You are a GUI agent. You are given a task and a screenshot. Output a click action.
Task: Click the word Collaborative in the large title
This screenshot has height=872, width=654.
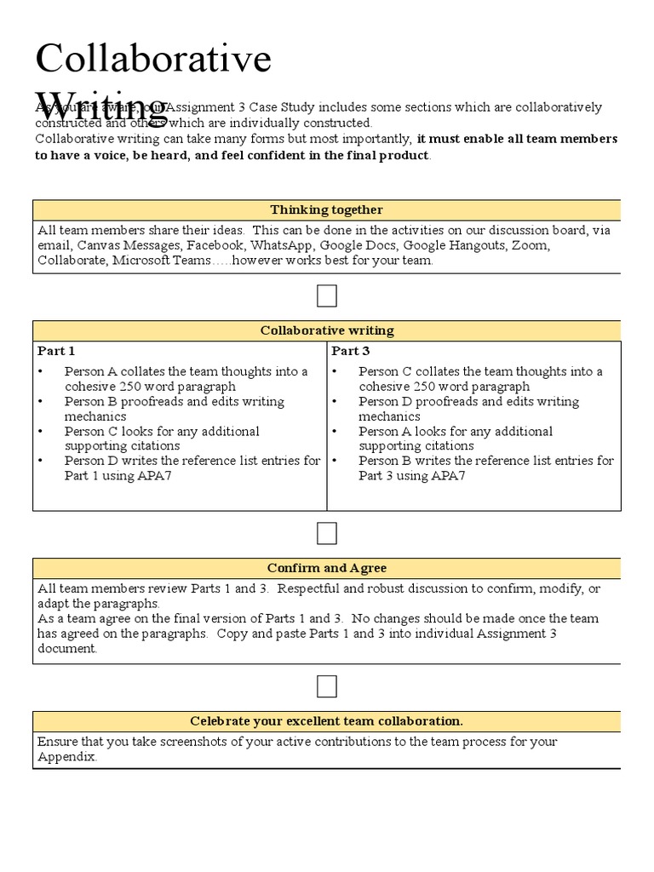pyautogui.click(x=152, y=59)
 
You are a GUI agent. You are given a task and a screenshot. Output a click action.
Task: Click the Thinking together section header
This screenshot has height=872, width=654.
pyautogui.click(x=326, y=210)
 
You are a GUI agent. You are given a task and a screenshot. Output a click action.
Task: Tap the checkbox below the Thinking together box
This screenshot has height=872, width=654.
pyautogui.click(x=327, y=296)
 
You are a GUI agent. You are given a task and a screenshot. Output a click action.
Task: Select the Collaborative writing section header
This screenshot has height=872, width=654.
pyautogui.click(x=326, y=330)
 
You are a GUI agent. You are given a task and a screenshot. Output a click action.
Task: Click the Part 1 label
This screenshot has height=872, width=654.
pyautogui.click(x=56, y=351)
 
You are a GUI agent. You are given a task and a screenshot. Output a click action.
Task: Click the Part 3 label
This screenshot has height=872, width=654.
pyautogui.click(x=351, y=351)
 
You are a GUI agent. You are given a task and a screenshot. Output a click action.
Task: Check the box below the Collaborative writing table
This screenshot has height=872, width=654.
pyautogui.click(x=327, y=534)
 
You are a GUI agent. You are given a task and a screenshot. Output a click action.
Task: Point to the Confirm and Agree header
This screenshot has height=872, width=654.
pyautogui.click(x=326, y=568)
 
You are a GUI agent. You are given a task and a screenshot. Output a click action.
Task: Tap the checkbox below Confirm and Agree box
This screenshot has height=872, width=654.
pyautogui.click(x=327, y=686)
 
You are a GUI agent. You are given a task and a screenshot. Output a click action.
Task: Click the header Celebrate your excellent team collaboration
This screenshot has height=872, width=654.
pyautogui.click(x=326, y=721)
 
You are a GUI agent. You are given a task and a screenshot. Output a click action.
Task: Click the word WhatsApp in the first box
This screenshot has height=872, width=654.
pyautogui.click(x=284, y=245)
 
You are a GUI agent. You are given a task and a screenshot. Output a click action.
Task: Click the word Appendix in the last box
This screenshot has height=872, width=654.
pyautogui.click(x=66, y=756)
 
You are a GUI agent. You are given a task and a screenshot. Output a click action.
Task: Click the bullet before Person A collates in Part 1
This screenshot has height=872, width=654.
pyautogui.click(x=41, y=372)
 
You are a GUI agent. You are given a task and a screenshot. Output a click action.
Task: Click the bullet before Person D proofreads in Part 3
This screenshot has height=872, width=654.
pyautogui.click(x=336, y=402)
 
